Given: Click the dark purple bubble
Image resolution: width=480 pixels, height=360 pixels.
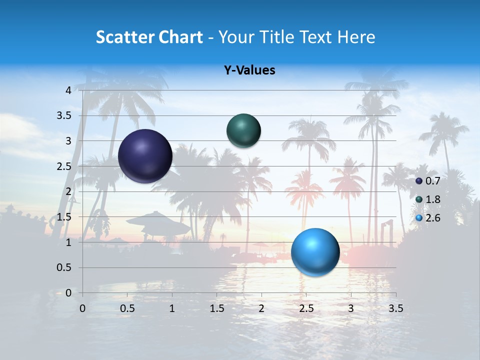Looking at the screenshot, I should pos(145,156).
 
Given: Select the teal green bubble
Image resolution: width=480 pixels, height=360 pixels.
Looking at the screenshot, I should pos(243,130).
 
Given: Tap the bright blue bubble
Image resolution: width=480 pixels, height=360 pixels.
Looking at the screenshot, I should pos(315,252).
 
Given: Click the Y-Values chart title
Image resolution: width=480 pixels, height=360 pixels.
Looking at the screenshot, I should pos(249,70).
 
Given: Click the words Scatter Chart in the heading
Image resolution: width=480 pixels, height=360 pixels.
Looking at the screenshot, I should pos(149,37).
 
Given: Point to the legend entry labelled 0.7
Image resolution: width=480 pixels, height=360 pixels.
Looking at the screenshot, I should pos(427,181).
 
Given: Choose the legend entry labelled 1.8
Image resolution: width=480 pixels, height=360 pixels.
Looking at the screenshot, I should pos(427,199).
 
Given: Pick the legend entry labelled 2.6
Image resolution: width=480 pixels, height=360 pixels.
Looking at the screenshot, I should pos(427,218).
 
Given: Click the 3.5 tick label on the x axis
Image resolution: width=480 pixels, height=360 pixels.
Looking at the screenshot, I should pos(396,308).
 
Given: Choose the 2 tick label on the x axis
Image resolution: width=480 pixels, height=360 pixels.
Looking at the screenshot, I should pos(261,308).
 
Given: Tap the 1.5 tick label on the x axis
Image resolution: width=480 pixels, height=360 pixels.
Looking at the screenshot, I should pos(217,308).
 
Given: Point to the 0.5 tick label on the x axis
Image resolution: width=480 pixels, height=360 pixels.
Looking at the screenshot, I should pos(127,308).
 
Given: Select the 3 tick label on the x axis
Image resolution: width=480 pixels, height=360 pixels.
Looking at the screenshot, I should pos(351,308).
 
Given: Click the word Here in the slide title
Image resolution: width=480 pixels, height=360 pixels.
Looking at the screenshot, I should pos(356,37).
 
